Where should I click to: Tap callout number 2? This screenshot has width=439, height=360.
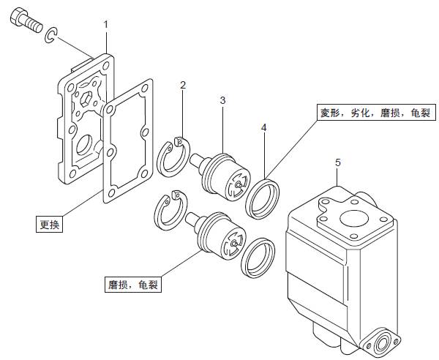coord(183,86)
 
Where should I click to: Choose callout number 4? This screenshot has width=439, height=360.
coord(264,127)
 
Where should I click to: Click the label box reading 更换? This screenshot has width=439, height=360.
coord(49,224)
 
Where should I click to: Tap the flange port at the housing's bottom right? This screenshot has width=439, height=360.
coord(385,340)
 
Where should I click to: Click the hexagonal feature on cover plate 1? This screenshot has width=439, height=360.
coord(86,98)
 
